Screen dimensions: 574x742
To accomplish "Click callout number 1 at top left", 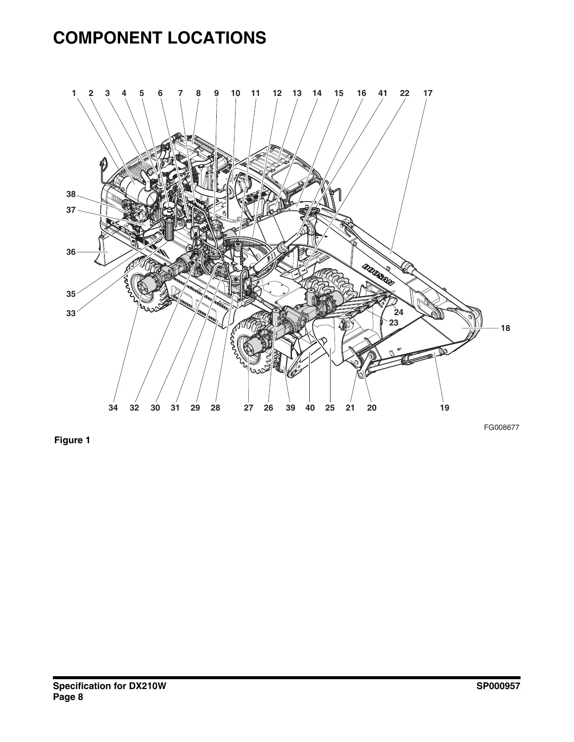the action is coord(74,93).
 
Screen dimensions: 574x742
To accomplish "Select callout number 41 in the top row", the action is coord(383,93).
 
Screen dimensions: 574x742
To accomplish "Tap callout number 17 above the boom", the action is coord(428,93).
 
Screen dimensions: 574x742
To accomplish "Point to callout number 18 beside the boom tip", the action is coord(505,328).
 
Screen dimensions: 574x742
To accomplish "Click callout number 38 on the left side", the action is coord(71,194).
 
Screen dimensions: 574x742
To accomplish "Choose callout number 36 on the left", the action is coord(71,252).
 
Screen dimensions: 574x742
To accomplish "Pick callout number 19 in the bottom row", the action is coord(444,408).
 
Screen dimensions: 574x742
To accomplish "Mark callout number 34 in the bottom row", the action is coord(113,408).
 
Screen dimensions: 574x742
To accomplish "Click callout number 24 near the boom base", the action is coord(398,312).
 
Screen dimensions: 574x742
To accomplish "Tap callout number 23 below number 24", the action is coord(394,323).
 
